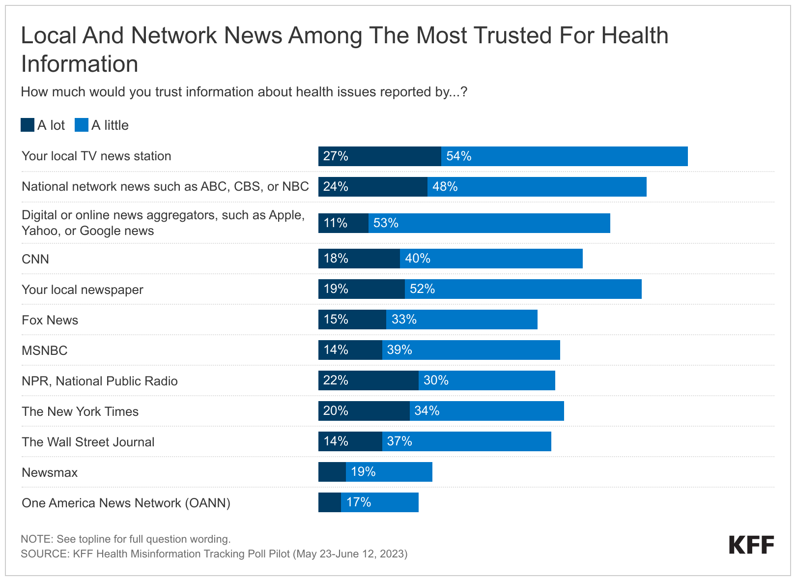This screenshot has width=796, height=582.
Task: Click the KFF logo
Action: pos(751,545)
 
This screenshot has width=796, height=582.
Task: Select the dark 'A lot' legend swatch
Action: pos(28,125)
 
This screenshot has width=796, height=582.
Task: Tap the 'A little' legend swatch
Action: pos(82,125)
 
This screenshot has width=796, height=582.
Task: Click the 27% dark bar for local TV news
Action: pos(379,156)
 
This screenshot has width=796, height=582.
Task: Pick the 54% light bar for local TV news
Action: pos(564,156)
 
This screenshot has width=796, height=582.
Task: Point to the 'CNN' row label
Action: pos(35,259)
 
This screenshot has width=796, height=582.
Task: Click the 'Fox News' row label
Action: pos(50,320)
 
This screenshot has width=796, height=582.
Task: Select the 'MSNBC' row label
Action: pos(45,350)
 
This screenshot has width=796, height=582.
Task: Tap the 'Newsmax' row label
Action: pos(50,472)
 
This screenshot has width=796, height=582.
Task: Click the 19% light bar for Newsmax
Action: pos(389,472)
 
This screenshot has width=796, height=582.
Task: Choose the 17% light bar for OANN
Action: pos(380,502)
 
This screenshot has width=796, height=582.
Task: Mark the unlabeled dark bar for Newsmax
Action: pos(332,472)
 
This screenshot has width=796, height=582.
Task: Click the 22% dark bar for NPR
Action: pos(368,380)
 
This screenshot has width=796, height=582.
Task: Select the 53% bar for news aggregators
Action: pos(489,223)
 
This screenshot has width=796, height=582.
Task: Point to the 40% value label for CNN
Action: pos(418,259)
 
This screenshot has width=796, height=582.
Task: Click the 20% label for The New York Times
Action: pos(336,411)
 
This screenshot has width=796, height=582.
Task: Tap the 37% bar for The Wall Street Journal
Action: pos(466,441)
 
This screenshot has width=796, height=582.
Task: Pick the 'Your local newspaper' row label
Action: pos(83,290)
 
